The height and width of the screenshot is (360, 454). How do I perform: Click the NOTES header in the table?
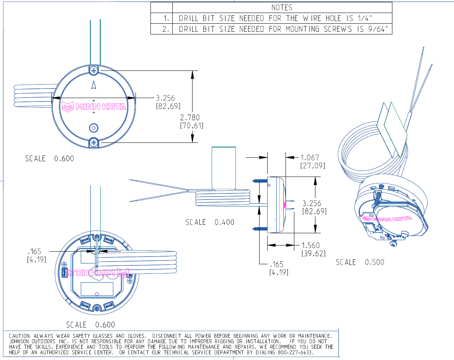point(282,7)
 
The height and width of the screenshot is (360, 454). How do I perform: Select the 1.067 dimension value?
point(310,157)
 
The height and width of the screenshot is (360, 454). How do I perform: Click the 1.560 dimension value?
point(310,245)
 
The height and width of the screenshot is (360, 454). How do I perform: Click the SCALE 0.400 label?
point(210,222)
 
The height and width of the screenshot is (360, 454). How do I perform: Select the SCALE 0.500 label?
point(360,262)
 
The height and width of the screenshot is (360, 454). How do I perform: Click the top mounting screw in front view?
point(94,70)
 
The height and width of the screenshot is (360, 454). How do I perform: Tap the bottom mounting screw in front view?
point(94,143)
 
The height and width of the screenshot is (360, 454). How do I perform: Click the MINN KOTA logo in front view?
point(94,106)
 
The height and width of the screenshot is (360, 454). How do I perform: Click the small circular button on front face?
point(94,128)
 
